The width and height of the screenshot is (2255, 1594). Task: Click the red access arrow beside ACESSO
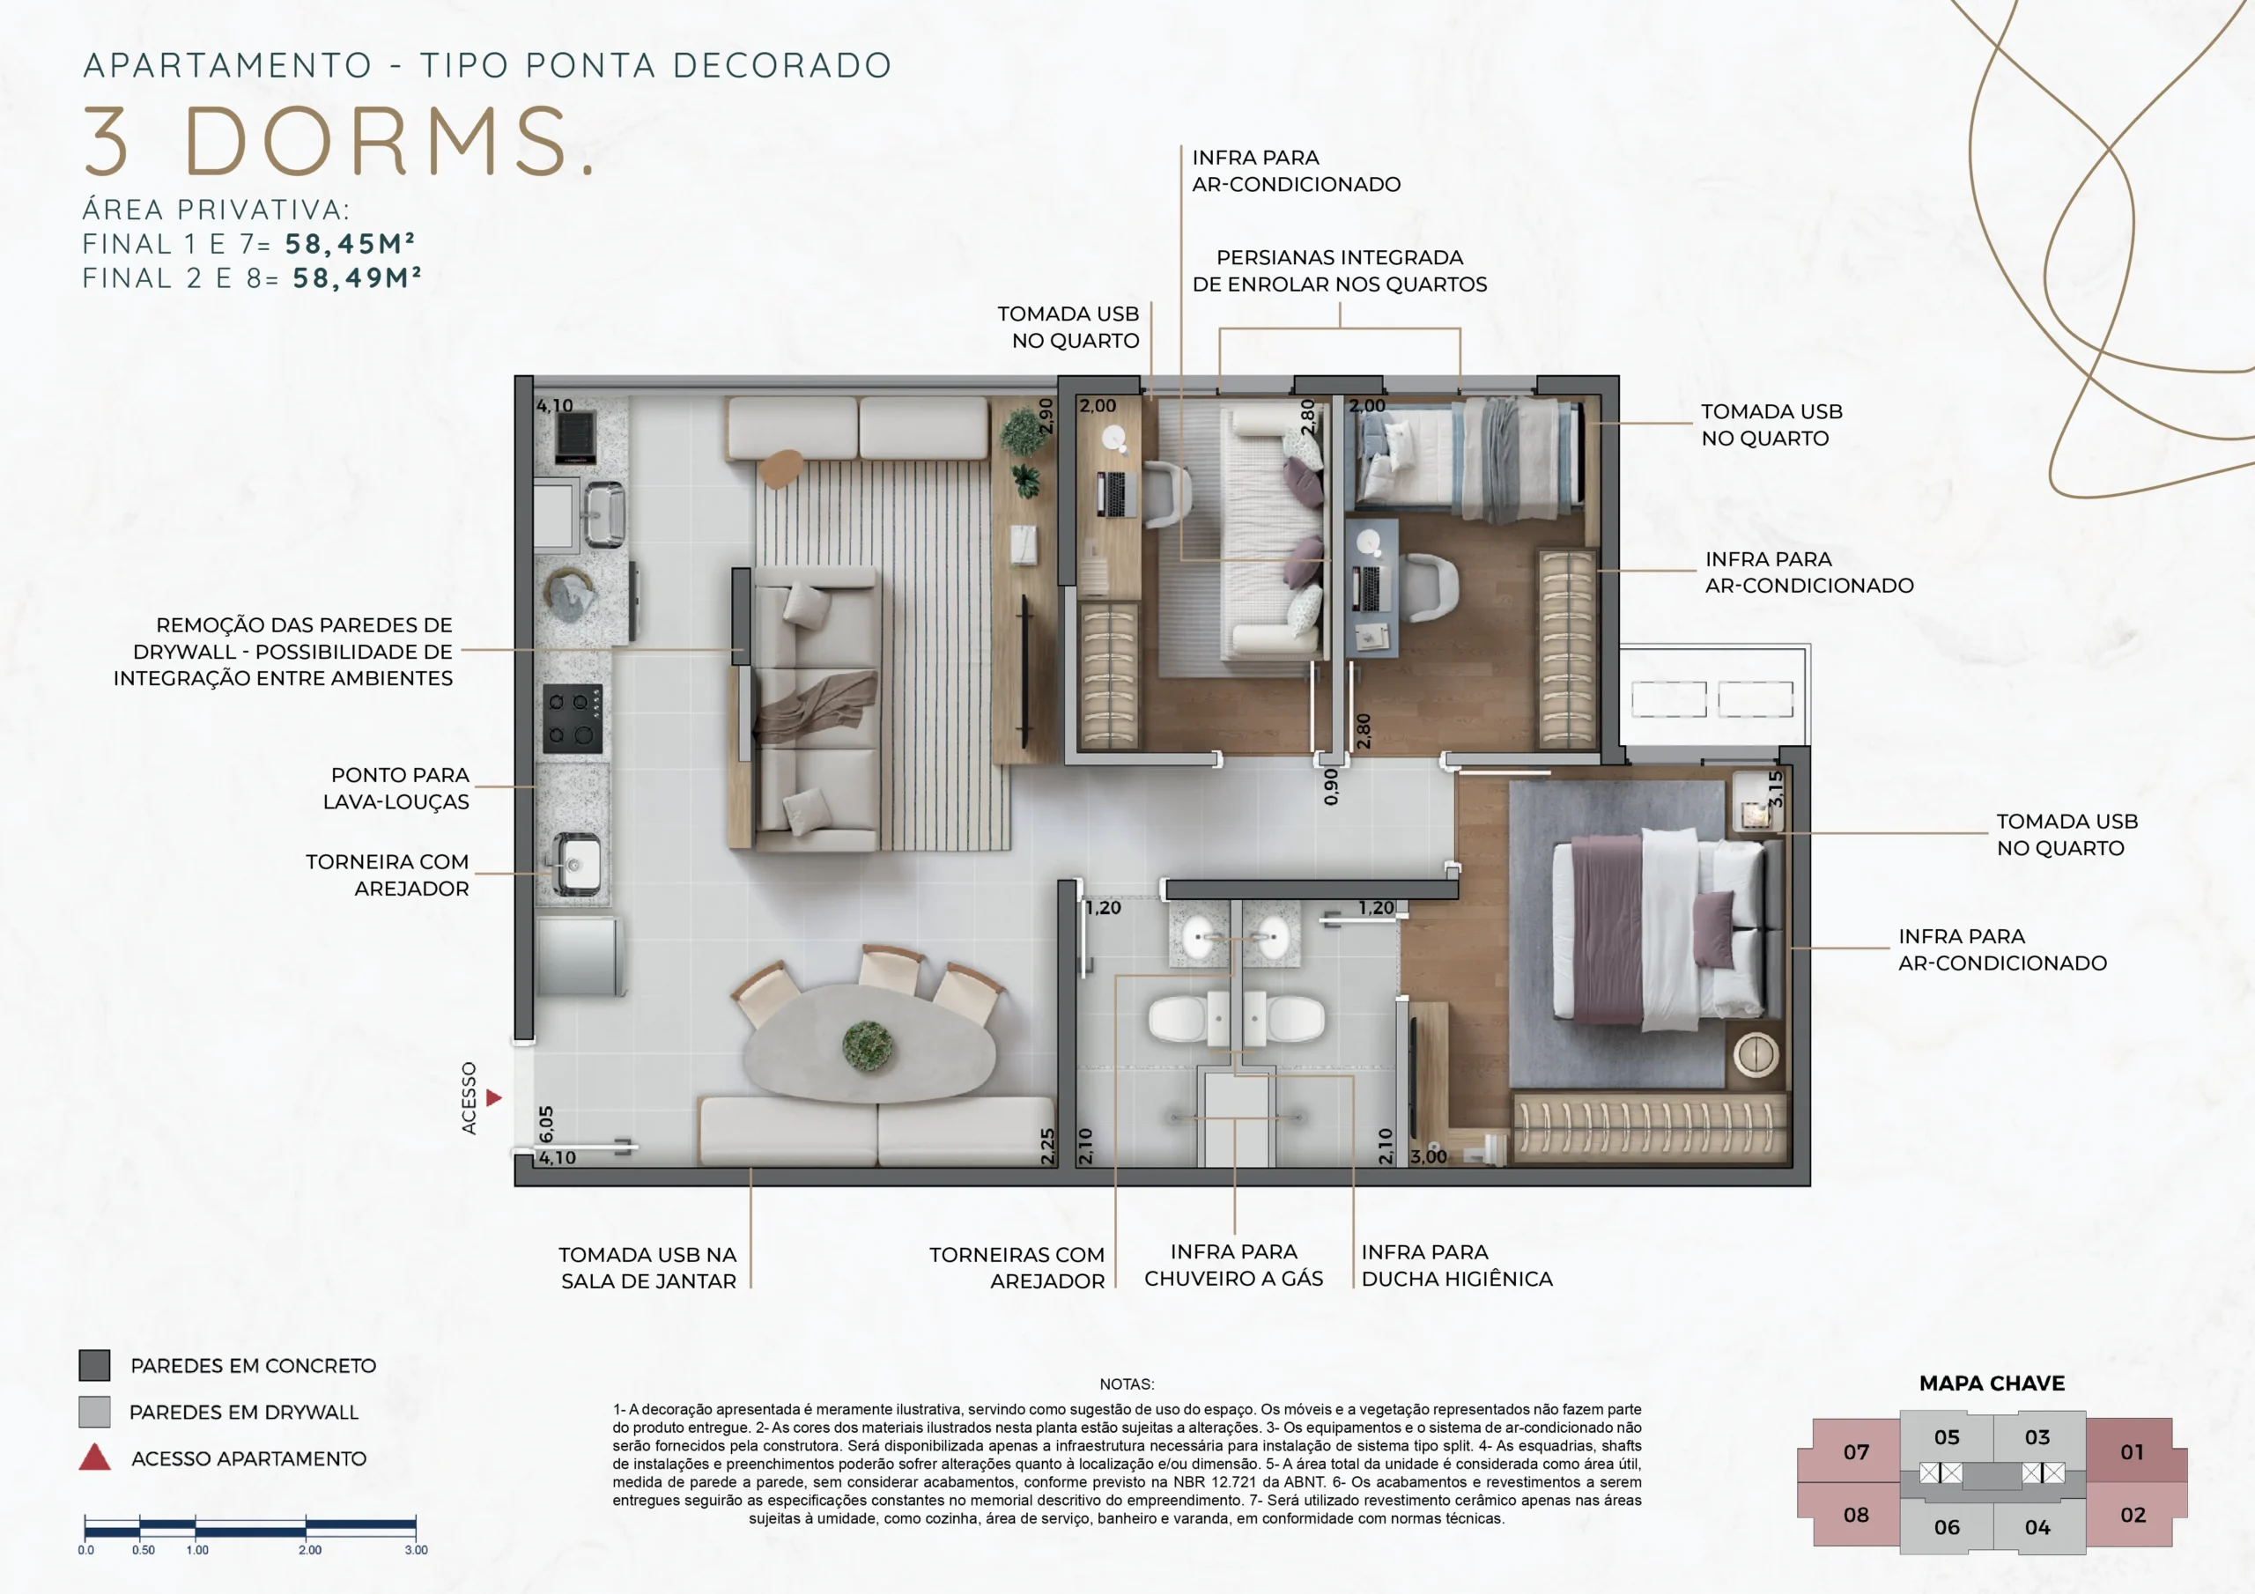pos(494,1098)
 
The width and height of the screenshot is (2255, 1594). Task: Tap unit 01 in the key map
pos(2132,1451)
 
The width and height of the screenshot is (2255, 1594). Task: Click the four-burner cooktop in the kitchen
pos(573,718)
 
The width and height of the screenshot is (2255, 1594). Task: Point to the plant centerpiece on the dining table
pos(869,1045)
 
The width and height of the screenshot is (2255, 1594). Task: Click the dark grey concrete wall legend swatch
pos(94,1365)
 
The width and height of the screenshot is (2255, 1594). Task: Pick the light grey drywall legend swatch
pos(94,1412)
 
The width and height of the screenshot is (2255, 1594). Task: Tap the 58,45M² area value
pos(351,244)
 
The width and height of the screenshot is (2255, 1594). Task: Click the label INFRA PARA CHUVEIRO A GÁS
pos(1233,1265)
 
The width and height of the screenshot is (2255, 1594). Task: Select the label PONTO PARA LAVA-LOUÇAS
pos(396,789)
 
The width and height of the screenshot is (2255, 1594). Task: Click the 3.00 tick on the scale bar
pos(417,1550)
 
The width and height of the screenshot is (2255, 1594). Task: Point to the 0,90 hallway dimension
pos(1331,786)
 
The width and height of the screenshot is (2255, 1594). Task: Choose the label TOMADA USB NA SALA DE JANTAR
pos(648,1268)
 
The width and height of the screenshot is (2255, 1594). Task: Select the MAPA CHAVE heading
pos(1992,1383)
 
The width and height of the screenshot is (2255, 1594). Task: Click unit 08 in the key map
pos(1856,1515)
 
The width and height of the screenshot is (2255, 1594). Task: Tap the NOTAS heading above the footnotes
pos(1127,1384)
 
